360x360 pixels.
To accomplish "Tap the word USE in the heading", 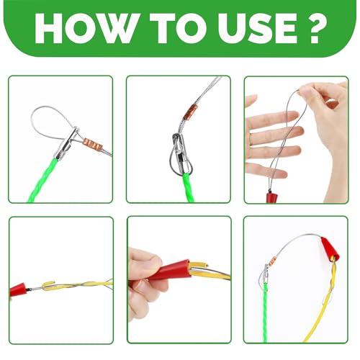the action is [x=258, y=29].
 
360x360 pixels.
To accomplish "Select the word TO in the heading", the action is [x=179, y=29].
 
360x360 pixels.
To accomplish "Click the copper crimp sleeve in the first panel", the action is [x=93, y=143].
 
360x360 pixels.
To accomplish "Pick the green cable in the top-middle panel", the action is [x=189, y=188].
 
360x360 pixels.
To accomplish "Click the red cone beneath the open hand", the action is [x=271, y=197].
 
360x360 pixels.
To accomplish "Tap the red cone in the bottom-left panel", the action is [x=19, y=289].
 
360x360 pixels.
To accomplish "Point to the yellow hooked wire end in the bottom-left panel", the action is [x=49, y=283].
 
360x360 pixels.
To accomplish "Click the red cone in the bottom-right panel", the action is [x=330, y=249].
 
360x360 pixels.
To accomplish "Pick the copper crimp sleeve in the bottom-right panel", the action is [x=273, y=261].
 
